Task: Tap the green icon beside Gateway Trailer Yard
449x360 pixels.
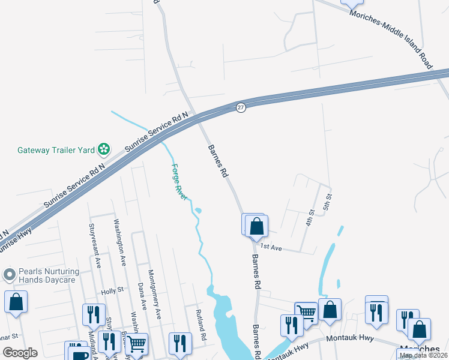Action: pos(104,149)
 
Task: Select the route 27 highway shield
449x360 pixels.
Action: pos(241,107)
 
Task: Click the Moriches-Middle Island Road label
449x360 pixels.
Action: pos(393,32)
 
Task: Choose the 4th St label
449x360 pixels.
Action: pos(310,217)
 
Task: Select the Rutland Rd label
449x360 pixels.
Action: pos(200,326)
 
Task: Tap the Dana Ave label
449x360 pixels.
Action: pos(142,296)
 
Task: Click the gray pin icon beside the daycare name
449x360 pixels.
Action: pos(8,275)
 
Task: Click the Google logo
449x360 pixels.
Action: pos(20,353)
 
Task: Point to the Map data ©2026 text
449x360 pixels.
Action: pos(423,355)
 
